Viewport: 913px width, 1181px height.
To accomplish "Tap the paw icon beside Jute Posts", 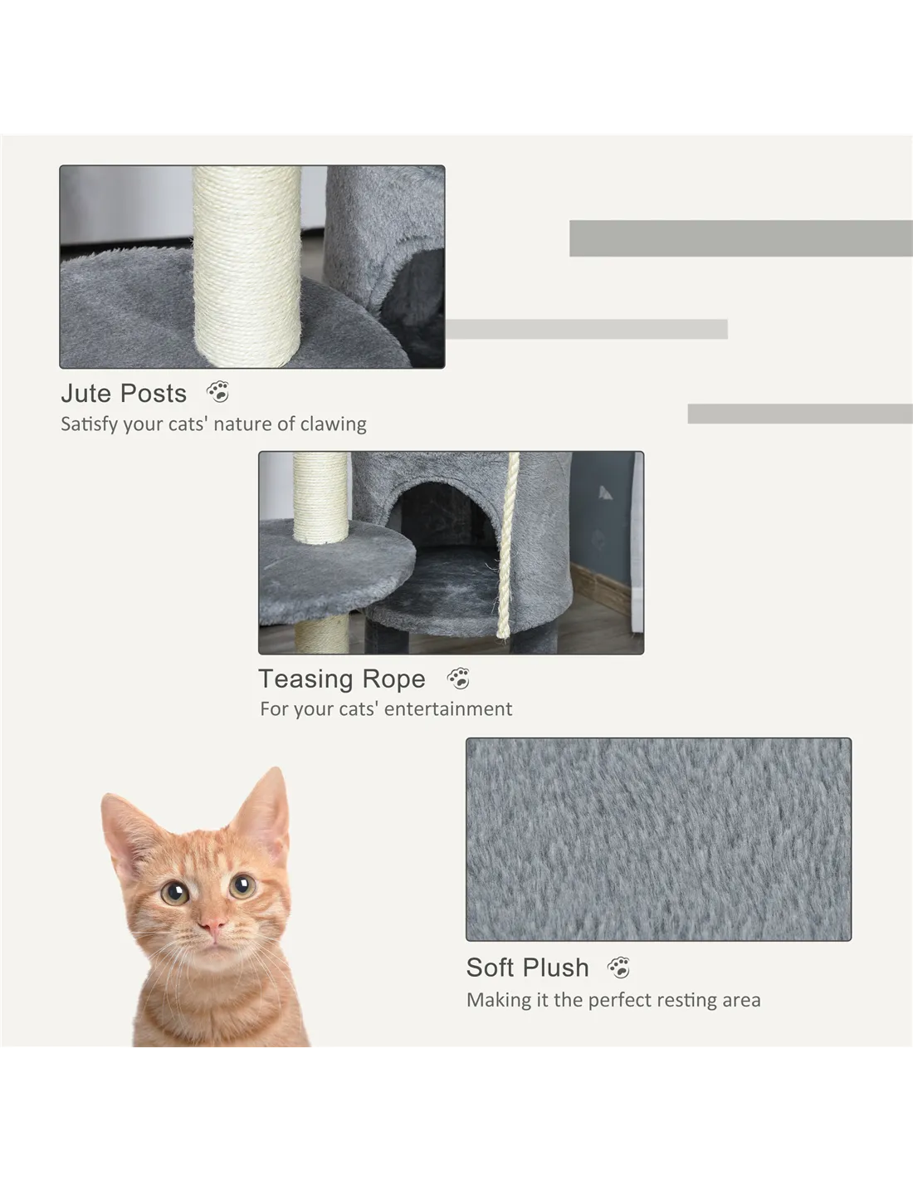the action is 217,392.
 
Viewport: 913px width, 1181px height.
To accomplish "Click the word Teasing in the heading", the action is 305,679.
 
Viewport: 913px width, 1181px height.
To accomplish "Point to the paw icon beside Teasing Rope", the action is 458,679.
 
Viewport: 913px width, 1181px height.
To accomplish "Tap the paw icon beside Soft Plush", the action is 618,968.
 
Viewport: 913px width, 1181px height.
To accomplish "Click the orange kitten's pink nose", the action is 212,924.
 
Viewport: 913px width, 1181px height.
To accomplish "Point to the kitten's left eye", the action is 174,892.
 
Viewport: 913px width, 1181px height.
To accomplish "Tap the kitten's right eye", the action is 242,886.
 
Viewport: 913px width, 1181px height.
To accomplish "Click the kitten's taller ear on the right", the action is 265,807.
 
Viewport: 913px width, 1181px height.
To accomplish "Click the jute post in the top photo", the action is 247,267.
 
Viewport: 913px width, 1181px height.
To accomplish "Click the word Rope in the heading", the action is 393,679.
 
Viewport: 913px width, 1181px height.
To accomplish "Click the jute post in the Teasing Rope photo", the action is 320,497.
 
